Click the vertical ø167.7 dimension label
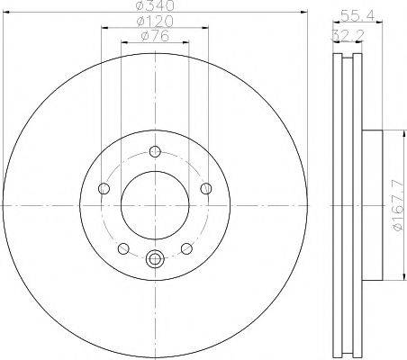pyautogui.click(x=397, y=213)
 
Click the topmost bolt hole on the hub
pyautogui.click(x=155, y=151)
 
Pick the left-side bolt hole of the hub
pyautogui.click(x=104, y=188)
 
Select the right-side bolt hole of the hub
pyautogui.click(x=207, y=188)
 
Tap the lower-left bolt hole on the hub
pyautogui.click(x=123, y=248)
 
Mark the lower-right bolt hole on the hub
pyautogui.click(x=186, y=248)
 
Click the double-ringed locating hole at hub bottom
pyautogui.click(x=155, y=260)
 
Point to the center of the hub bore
pyautogui.click(x=155, y=205)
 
